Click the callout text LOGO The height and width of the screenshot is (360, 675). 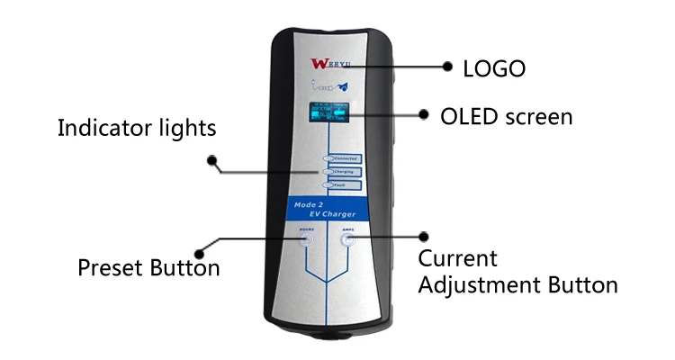[x=493, y=68]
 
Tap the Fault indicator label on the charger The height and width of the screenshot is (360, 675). [x=341, y=184]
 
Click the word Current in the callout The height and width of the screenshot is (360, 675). [x=458, y=259]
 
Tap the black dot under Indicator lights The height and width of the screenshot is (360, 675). [x=212, y=161]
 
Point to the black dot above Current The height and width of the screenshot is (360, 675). [x=424, y=237]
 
